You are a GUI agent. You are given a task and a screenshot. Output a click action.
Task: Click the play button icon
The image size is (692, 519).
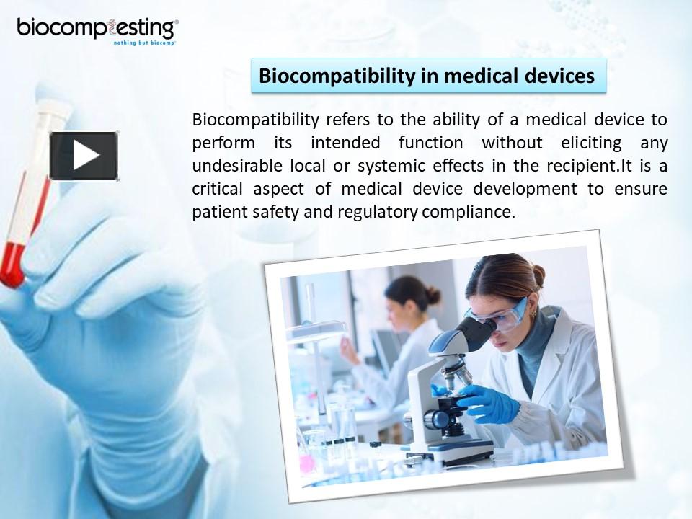pyautogui.click(x=84, y=156)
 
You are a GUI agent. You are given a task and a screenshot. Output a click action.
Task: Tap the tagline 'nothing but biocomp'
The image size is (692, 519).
pyautogui.click(x=144, y=43)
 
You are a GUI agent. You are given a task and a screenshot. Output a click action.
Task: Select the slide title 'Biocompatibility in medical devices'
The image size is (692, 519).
pyautogui.click(x=427, y=76)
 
